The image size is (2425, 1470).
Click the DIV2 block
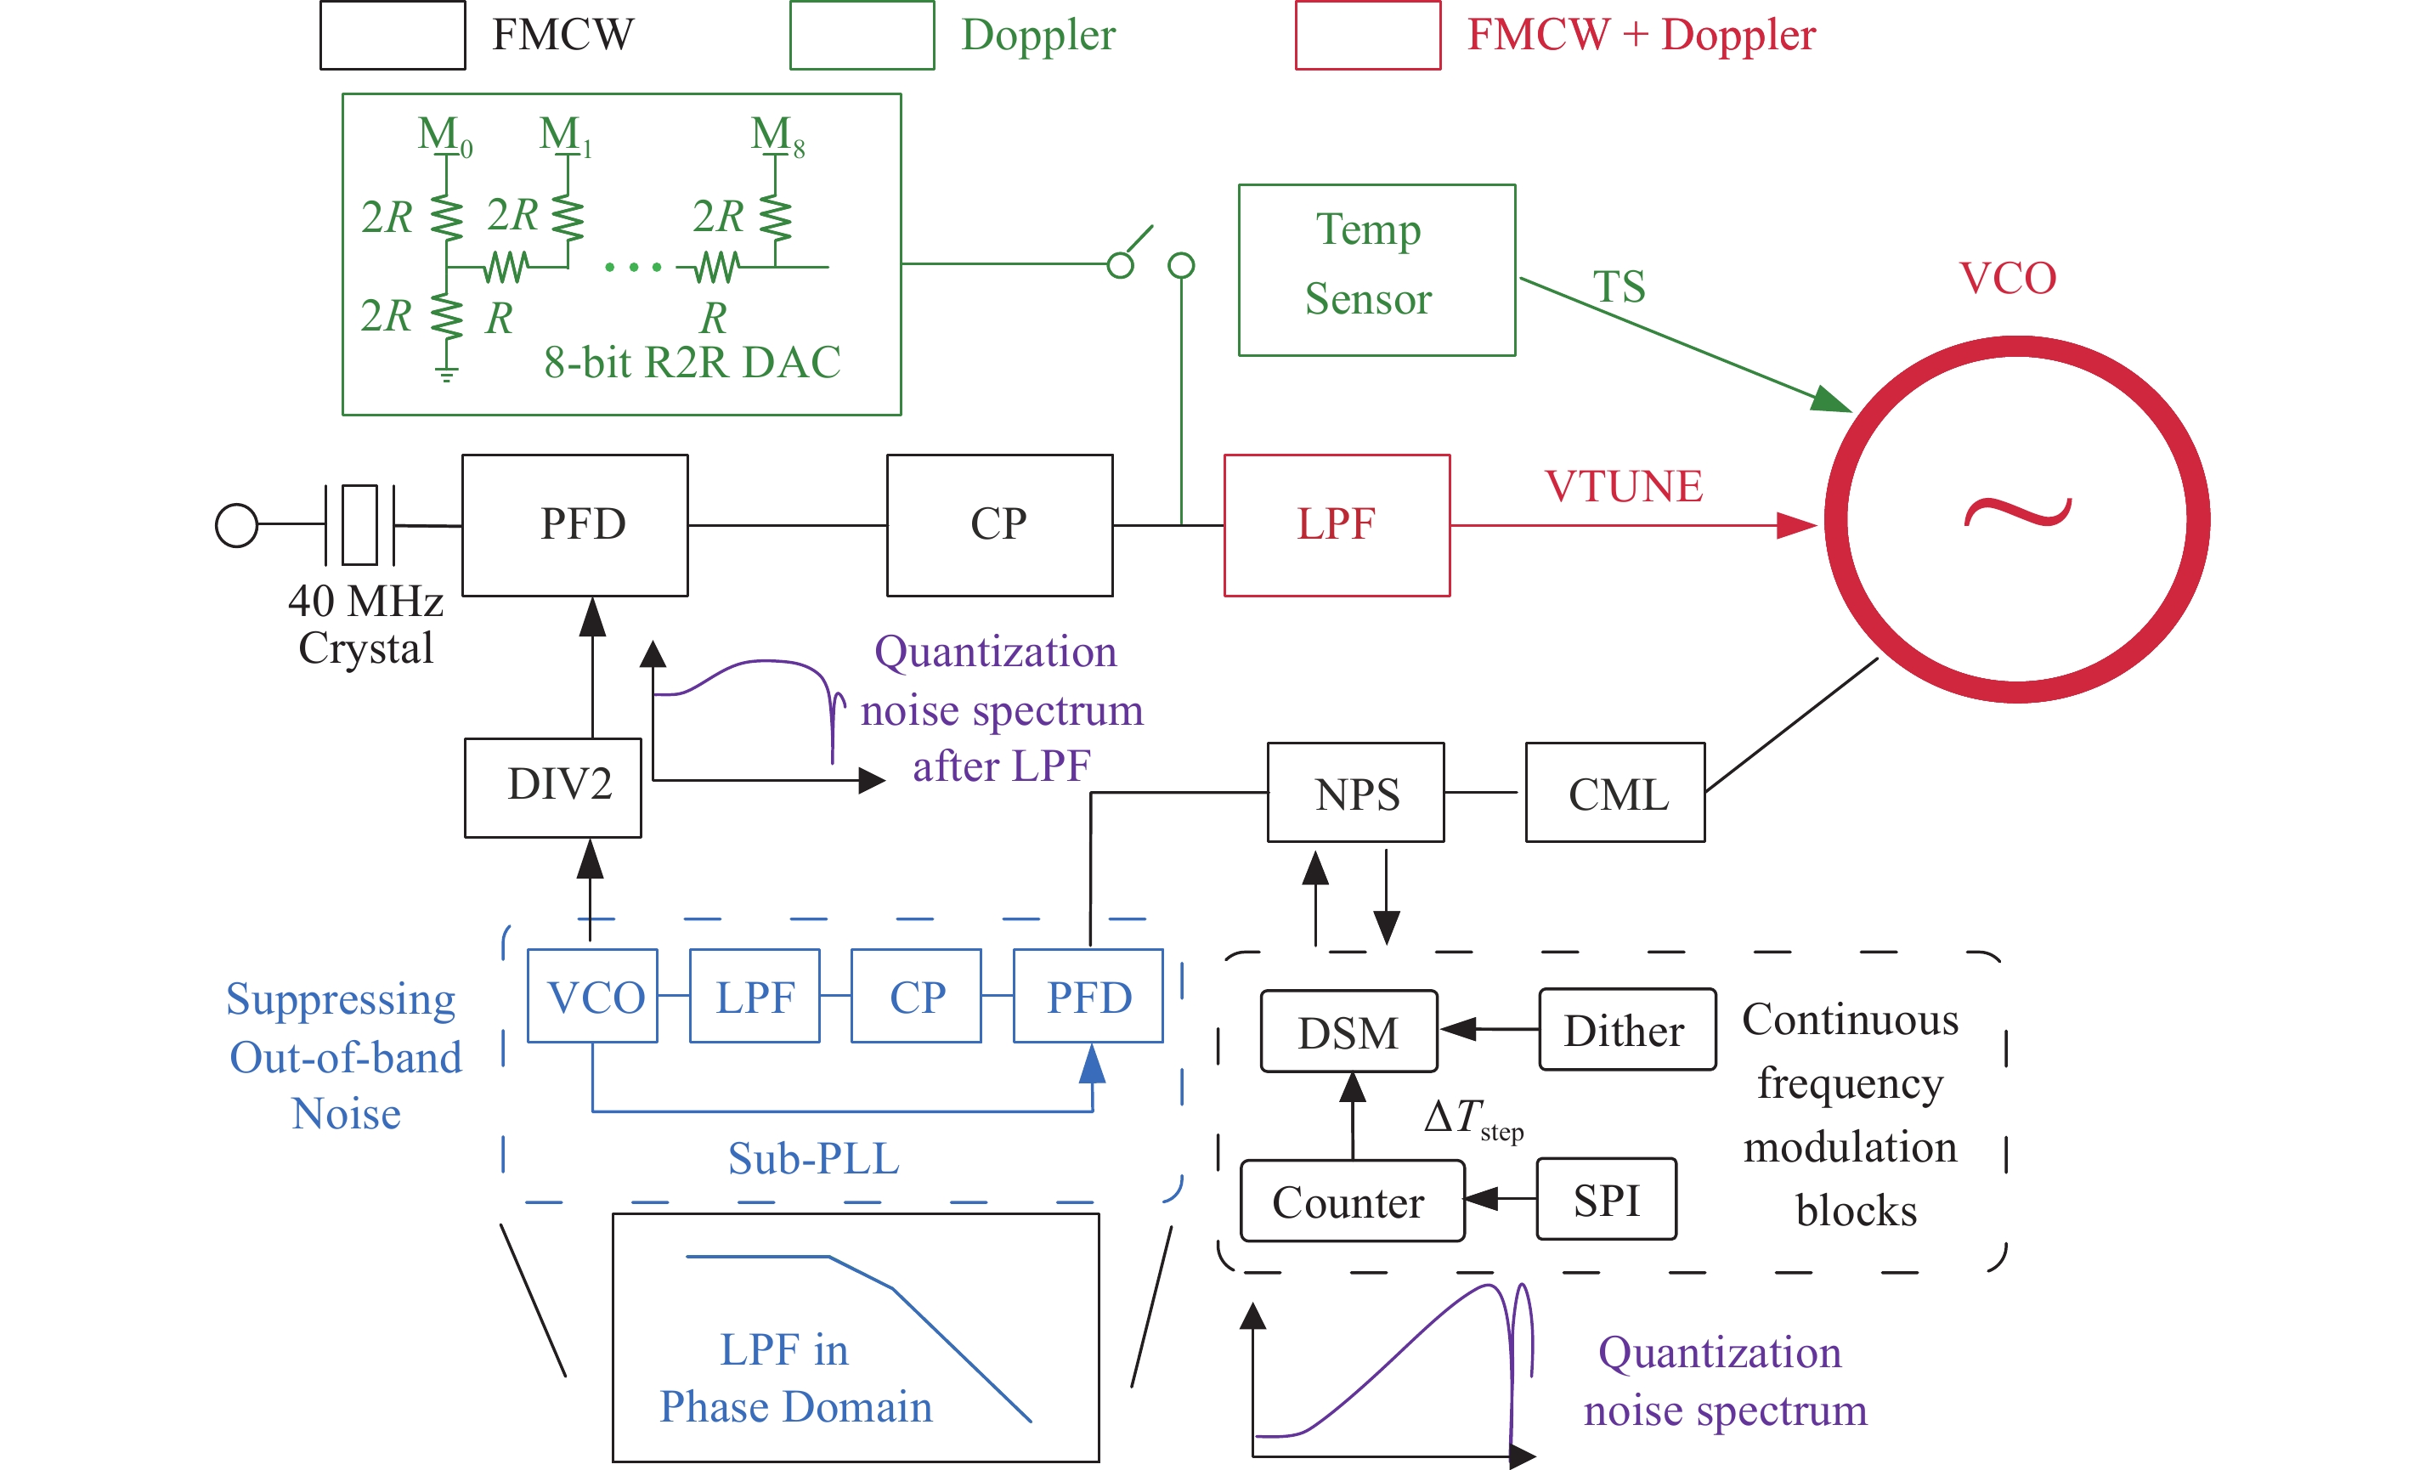(x=553, y=787)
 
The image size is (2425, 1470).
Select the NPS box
(x=1355, y=792)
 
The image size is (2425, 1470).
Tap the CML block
(x=1615, y=792)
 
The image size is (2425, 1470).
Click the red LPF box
(x=1337, y=524)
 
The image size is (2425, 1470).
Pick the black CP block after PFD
(x=999, y=524)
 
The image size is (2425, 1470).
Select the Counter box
(x=1351, y=1201)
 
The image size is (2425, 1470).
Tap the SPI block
(x=1606, y=1198)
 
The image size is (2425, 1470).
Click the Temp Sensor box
(x=1376, y=269)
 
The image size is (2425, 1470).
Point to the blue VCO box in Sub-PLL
(x=592, y=996)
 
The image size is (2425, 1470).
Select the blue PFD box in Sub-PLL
(x=1088, y=996)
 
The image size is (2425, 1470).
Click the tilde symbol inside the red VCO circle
(x=2017, y=513)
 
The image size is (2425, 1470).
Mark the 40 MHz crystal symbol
(x=359, y=524)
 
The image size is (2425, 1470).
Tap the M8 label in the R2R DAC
(x=777, y=135)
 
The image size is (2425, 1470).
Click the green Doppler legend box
(x=862, y=36)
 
